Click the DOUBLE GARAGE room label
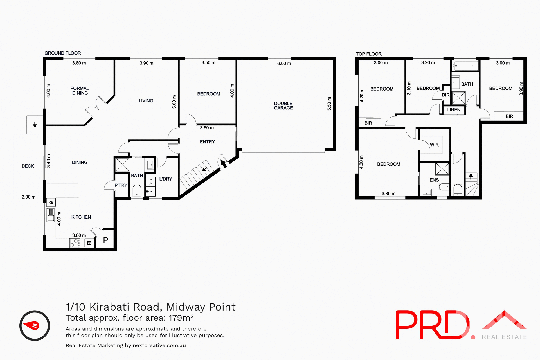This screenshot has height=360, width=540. (283, 105)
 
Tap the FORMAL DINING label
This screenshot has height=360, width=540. (80, 91)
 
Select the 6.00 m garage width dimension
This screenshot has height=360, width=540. (284, 64)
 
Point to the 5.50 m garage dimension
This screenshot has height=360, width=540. (329, 103)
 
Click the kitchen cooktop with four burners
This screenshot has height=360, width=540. (74, 243)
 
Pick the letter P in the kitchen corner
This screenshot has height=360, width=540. (105, 240)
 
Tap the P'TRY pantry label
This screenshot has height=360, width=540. (121, 185)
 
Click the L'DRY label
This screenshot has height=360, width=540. (166, 179)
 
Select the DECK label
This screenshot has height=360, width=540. (28, 166)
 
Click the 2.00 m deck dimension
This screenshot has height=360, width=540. (28, 197)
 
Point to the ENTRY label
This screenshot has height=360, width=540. (207, 142)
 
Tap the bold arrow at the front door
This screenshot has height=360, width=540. (223, 163)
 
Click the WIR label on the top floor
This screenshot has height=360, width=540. (434, 145)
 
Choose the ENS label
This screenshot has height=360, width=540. (434, 180)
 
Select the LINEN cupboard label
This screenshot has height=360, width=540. (454, 110)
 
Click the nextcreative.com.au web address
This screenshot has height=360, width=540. (159, 345)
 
